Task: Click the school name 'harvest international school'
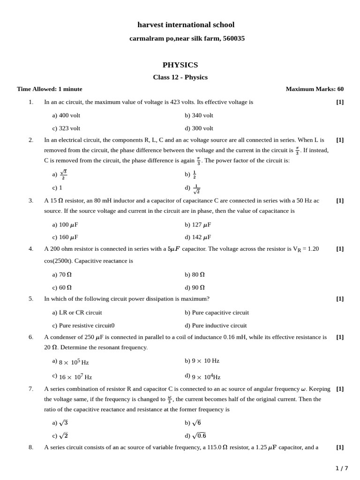(x=186, y=25)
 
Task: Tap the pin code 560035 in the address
(x=233, y=38)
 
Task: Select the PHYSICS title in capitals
(x=180, y=65)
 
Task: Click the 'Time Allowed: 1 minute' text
(x=50, y=89)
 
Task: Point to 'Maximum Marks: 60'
(x=315, y=89)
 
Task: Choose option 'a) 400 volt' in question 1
(x=66, y=115)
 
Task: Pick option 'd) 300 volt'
(x=199, y=128)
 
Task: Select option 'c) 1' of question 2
(x=57, y=187)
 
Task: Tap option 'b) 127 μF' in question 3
(x=198, y=225)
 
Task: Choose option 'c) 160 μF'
(x=65, y=237)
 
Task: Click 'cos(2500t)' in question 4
(x=58, y=261)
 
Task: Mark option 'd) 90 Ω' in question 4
(x=195, y=287)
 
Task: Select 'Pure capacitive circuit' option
(x=220, y=313)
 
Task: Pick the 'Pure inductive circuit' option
(x=219, y=325)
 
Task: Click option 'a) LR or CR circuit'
(x=77, y=313)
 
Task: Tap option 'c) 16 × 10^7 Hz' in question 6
(x=72, y=376)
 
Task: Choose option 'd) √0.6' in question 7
(x=195, y=435)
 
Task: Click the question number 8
(x=31, y=447)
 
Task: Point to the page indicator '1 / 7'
(x=342, y=468)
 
